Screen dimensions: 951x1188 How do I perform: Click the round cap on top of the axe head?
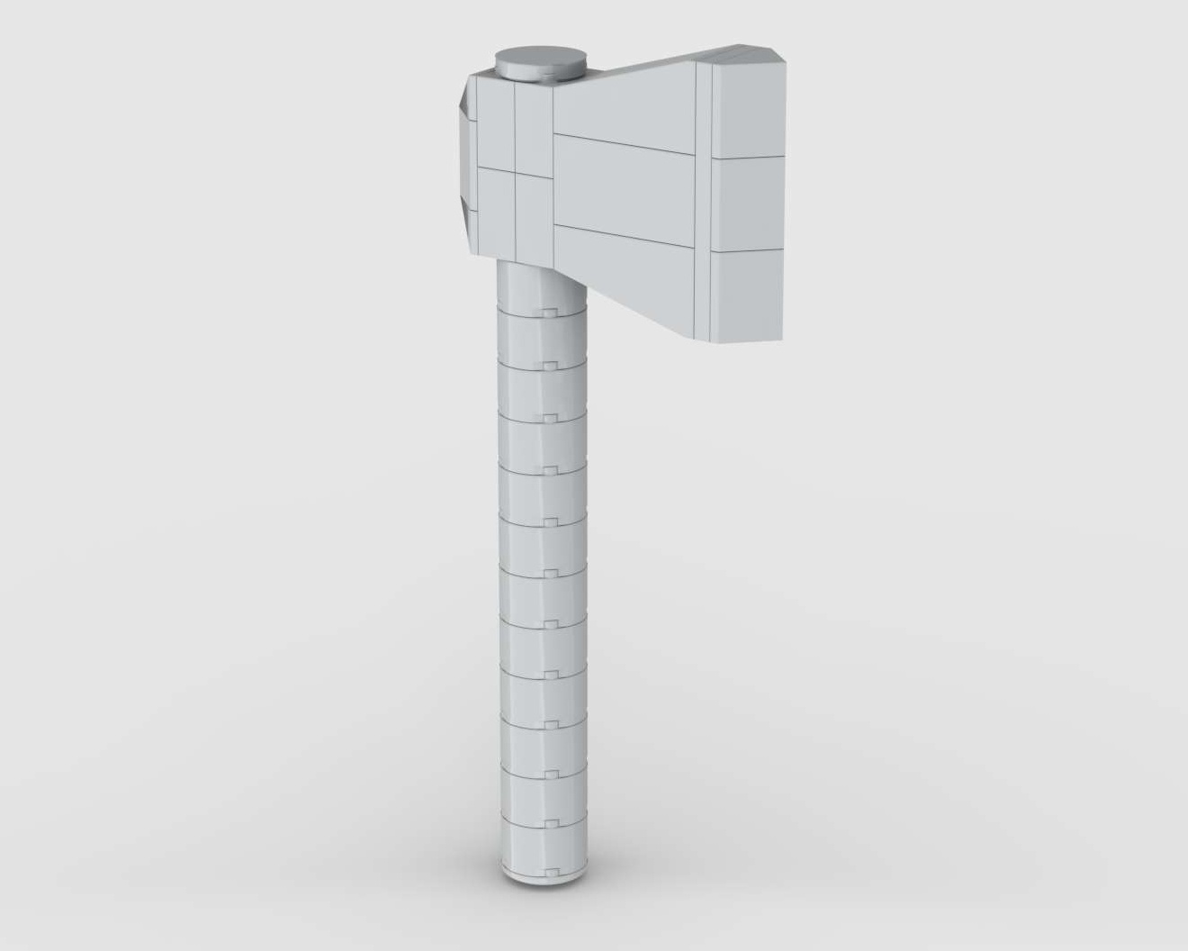coord(539,63)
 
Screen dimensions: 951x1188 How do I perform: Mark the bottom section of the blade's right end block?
coord(747,294)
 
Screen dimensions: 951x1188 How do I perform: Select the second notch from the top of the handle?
coord(545,365)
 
